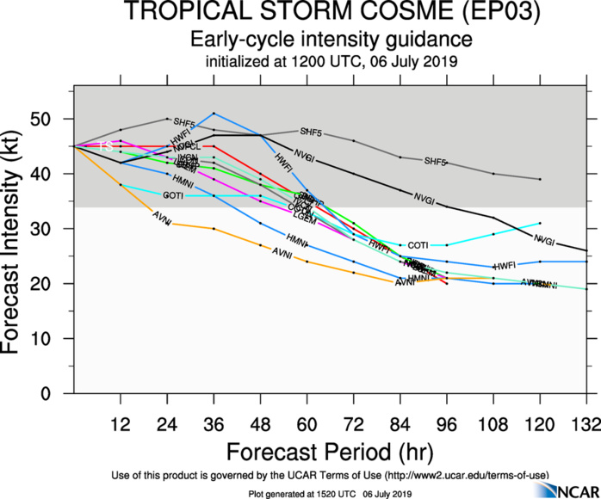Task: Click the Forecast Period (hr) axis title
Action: coord(331,451)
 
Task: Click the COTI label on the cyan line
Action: coord(418,245)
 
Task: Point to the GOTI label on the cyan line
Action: coord(173,196)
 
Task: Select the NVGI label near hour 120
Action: coord(543,239)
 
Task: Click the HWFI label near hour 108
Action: coord(505,265)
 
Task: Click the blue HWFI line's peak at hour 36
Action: coord(214,114)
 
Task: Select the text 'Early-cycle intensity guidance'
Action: coord(331,40)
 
